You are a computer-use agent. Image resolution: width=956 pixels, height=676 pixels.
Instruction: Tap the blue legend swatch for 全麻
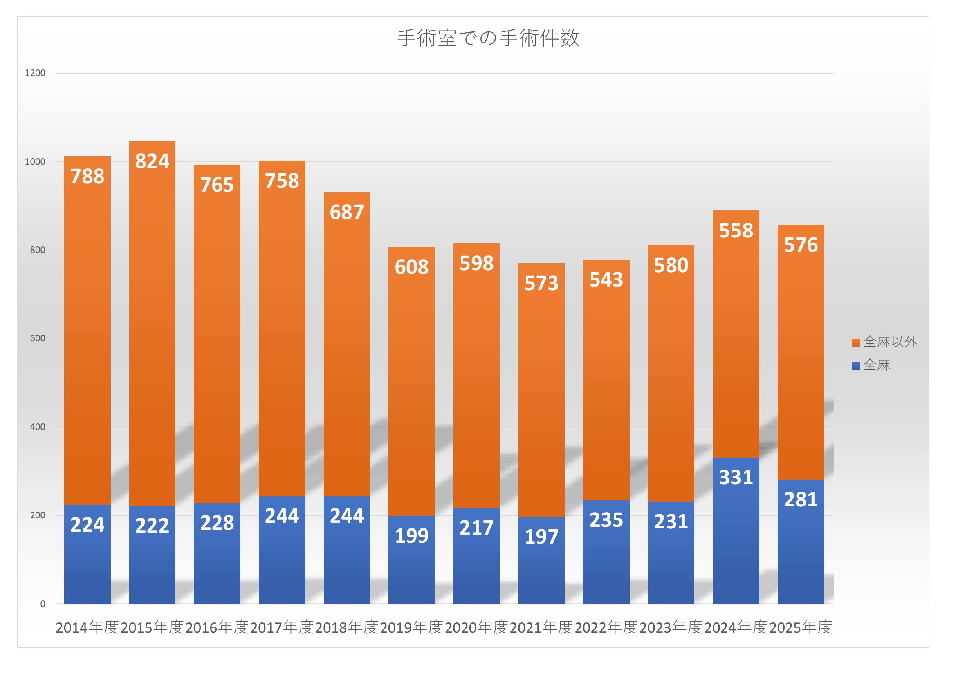pos(856,366)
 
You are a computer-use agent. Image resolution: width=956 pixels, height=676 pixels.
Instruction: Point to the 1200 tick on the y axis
pos(35,73)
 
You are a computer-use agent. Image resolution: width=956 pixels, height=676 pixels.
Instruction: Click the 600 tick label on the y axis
pos(38,338)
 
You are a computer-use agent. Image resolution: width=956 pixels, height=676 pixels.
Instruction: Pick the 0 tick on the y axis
pos(43,604)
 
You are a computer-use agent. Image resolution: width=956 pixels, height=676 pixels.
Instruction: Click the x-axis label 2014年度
pos(87,627)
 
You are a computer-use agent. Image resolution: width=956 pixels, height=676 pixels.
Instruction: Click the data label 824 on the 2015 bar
pos(152,161)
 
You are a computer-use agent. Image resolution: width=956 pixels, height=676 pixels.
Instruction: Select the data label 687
pos(347,212)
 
